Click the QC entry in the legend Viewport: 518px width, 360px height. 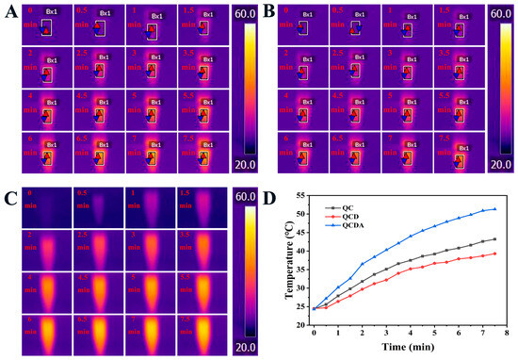[x=351, y=206]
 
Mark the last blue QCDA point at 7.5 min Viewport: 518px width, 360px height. [x=494, y=209]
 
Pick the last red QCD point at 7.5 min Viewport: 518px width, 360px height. [x=494, y=254]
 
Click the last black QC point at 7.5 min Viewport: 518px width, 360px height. [x=494, y=238]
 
